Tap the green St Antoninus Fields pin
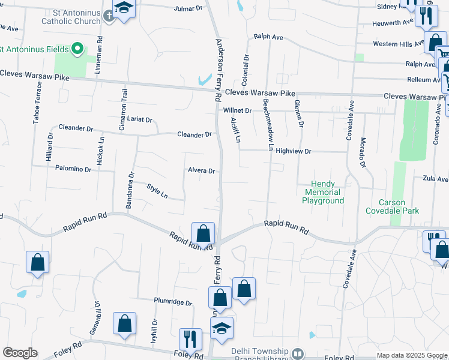[77, 49]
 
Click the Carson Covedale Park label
[392, 206]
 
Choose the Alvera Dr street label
[201, 171]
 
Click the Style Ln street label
[157, 191]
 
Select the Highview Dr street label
[293, 151]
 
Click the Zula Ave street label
[435, 179]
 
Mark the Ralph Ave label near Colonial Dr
[268, 37]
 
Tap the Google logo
[20, 353]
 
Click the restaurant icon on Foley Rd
[190, 338]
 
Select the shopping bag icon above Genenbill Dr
[125, 324]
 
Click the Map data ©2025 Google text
[411, 355]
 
